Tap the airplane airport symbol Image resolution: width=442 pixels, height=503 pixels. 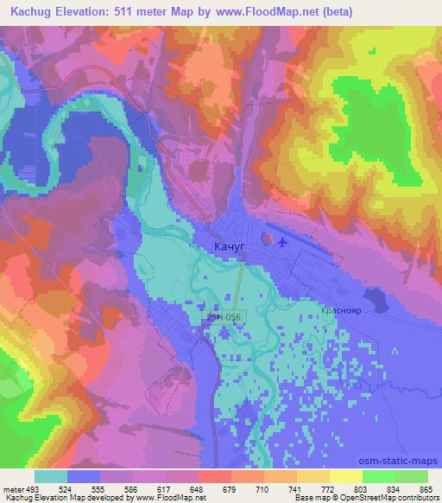(281, 241)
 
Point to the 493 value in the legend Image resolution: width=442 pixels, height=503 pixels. (34, 488)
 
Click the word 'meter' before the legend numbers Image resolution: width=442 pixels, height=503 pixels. (13, 488)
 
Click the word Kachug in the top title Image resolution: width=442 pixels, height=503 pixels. (31, 10)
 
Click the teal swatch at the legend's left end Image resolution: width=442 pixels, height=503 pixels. (51, 476)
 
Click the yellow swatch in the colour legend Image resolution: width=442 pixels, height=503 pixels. (346, 476)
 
